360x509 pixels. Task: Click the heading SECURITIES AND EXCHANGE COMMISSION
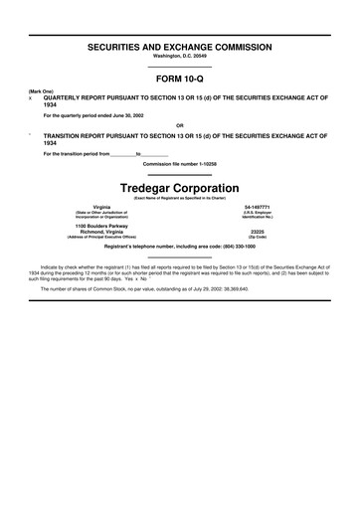tap(179, 48)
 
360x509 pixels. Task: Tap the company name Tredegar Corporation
tap(179, 188)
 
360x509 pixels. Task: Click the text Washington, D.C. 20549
tap(179, 58)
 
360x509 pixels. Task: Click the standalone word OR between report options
tap(179, 125)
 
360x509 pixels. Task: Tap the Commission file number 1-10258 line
tap(179, 163)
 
